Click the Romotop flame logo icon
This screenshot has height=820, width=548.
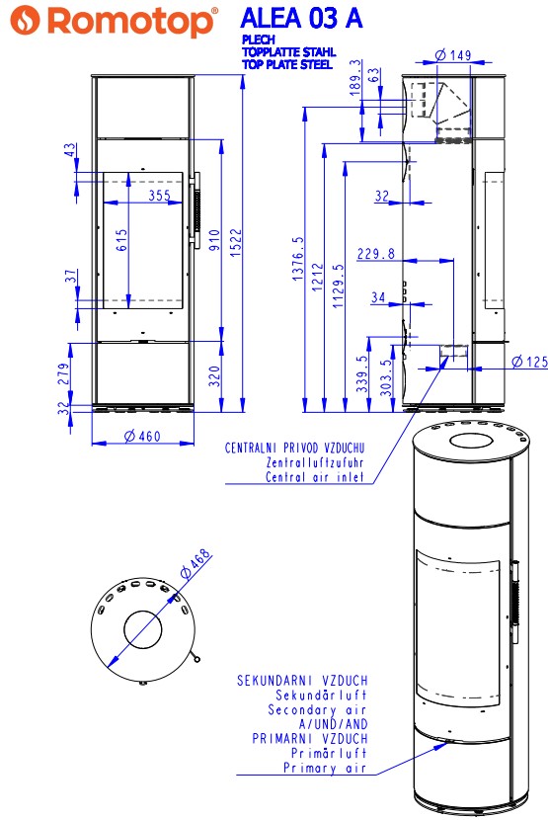pos(25,21)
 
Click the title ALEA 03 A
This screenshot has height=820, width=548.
pos(301,18)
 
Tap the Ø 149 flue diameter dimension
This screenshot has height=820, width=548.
pos(453,55)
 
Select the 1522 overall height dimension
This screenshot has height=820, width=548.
pos(236,242)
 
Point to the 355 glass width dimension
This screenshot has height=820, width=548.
pos(160,196)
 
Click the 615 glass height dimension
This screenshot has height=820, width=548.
pos(121,240)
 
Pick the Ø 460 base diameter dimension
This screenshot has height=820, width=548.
pos(142,436)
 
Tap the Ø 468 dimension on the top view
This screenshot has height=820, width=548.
pos(196,563)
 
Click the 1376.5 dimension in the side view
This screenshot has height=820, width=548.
pos(297,258)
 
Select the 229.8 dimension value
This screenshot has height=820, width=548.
pos(375,254)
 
